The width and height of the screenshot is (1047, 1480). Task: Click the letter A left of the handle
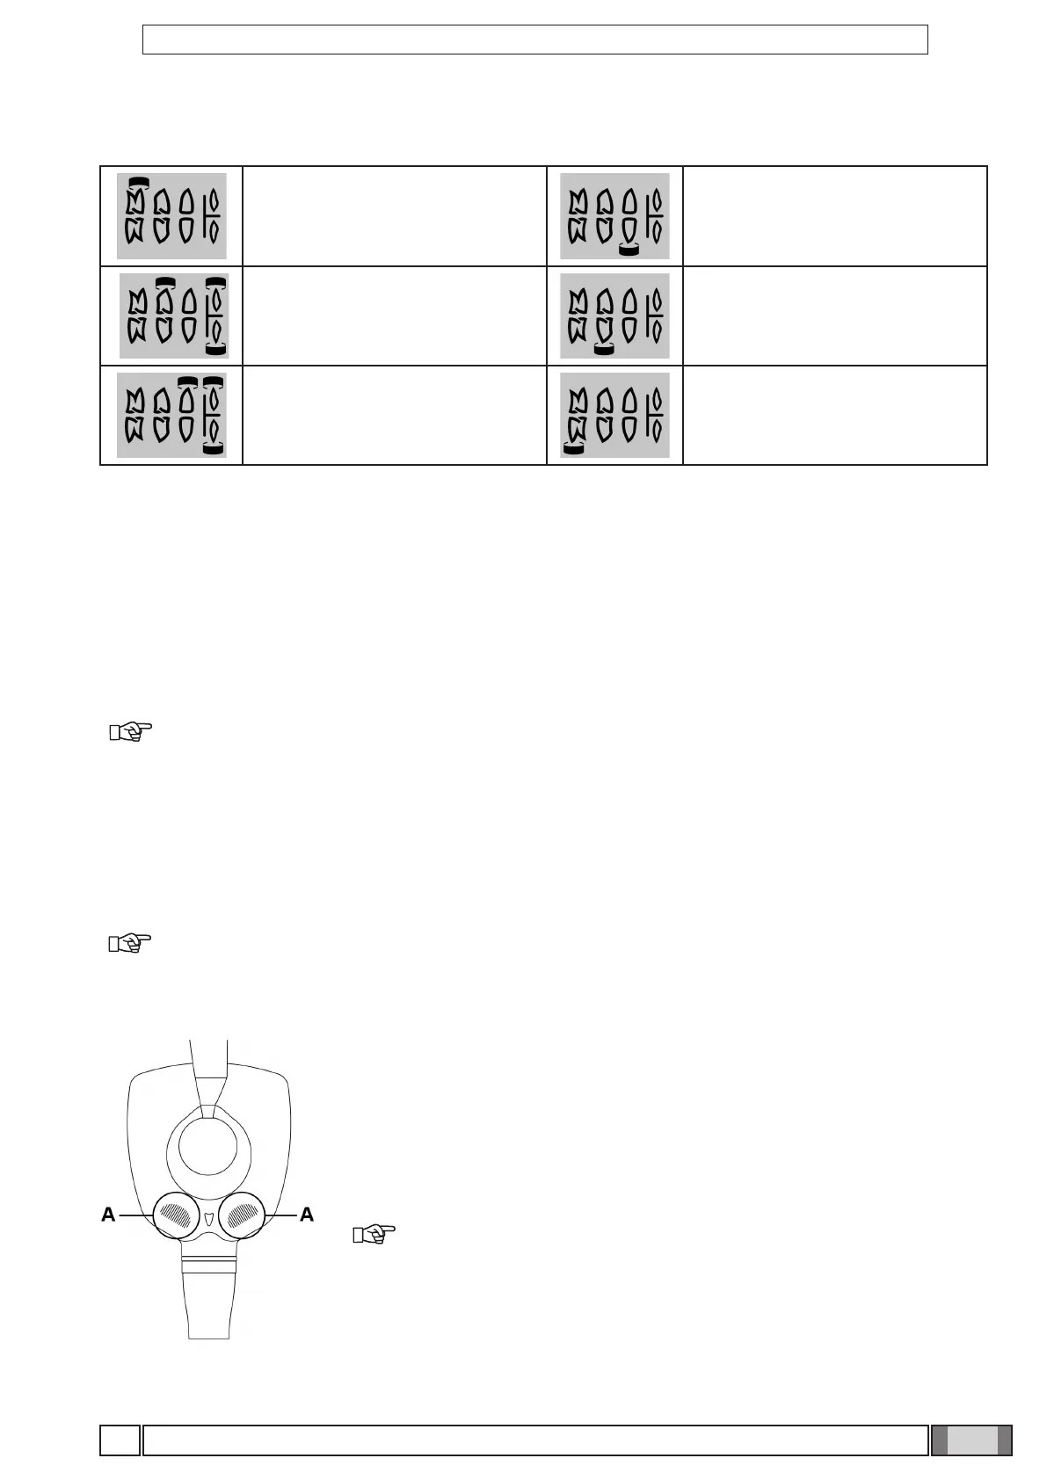coord(108,1215)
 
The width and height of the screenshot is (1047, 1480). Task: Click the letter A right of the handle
coord(307,1215)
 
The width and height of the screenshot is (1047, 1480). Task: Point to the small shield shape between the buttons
coord(209,1221)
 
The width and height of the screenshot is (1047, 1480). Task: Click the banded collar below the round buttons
coord(209,1266)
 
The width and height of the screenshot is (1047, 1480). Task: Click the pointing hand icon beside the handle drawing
coord(374,1235)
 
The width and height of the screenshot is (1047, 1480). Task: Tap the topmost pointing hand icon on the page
coord(130,731)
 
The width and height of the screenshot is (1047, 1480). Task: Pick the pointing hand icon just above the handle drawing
coord(130,944)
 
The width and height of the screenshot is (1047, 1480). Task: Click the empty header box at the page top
coord(534,40)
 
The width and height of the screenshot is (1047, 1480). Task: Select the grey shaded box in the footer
coord(971,1440)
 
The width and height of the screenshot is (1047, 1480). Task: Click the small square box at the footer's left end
coord(120,1440)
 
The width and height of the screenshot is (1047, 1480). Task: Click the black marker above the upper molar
coord(137,181)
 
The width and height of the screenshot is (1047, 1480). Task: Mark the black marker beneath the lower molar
coord(574,450)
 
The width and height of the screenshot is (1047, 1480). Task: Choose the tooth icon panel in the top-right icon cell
coord(614,216)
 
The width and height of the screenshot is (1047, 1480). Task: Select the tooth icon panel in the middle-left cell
coord(173,316)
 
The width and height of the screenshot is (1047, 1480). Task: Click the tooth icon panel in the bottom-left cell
coord(171,415)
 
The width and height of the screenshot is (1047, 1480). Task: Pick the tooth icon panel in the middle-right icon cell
coord(614,316)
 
